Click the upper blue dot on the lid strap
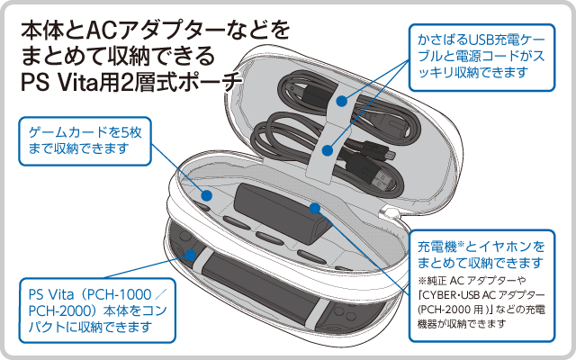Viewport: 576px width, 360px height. click(x=341, y=102)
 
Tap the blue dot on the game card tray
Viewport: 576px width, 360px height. click(x=206, y=194)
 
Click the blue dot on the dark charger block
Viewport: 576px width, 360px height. click(x=315, y=209)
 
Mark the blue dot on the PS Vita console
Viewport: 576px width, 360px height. click(x=190, y=255)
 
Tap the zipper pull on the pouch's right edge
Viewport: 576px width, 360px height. click(x=393, y=213)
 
